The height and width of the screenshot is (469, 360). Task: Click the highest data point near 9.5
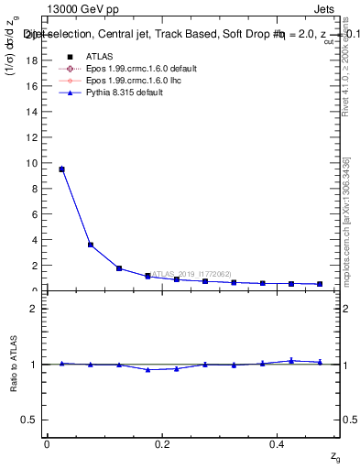pyautogui.click(x=61, y=169)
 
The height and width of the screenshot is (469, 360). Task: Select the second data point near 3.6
pyautogui.click(x=91, y=245)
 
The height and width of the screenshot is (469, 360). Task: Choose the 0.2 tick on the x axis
pyautogui.click(x=161, y=443)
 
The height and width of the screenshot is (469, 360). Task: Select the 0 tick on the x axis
pyautogui.click(x=47, y=443)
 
